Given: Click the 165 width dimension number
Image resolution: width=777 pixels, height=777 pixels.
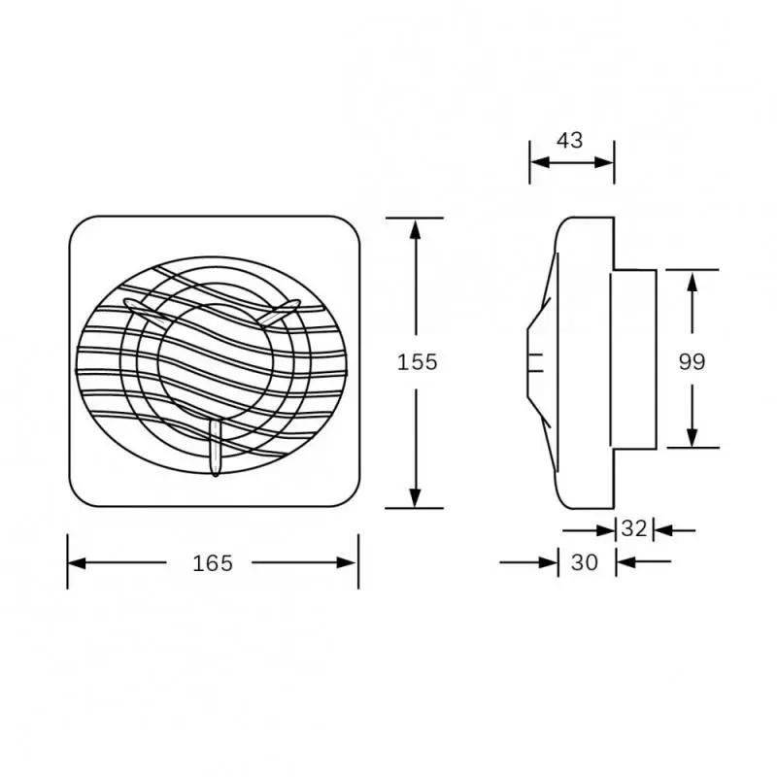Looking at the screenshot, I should (x=213, y=562).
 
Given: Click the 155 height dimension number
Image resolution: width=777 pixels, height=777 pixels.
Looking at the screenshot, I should (x=418, y=362).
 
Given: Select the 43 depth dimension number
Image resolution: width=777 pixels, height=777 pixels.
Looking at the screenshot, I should (x=570, y=140).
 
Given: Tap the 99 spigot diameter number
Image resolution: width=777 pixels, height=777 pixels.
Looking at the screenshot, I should (x=692, y=361).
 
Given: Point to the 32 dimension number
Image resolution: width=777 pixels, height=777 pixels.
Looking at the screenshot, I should (x=634, y=529).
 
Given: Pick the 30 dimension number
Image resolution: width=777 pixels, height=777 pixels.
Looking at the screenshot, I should (x=585, y=562).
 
